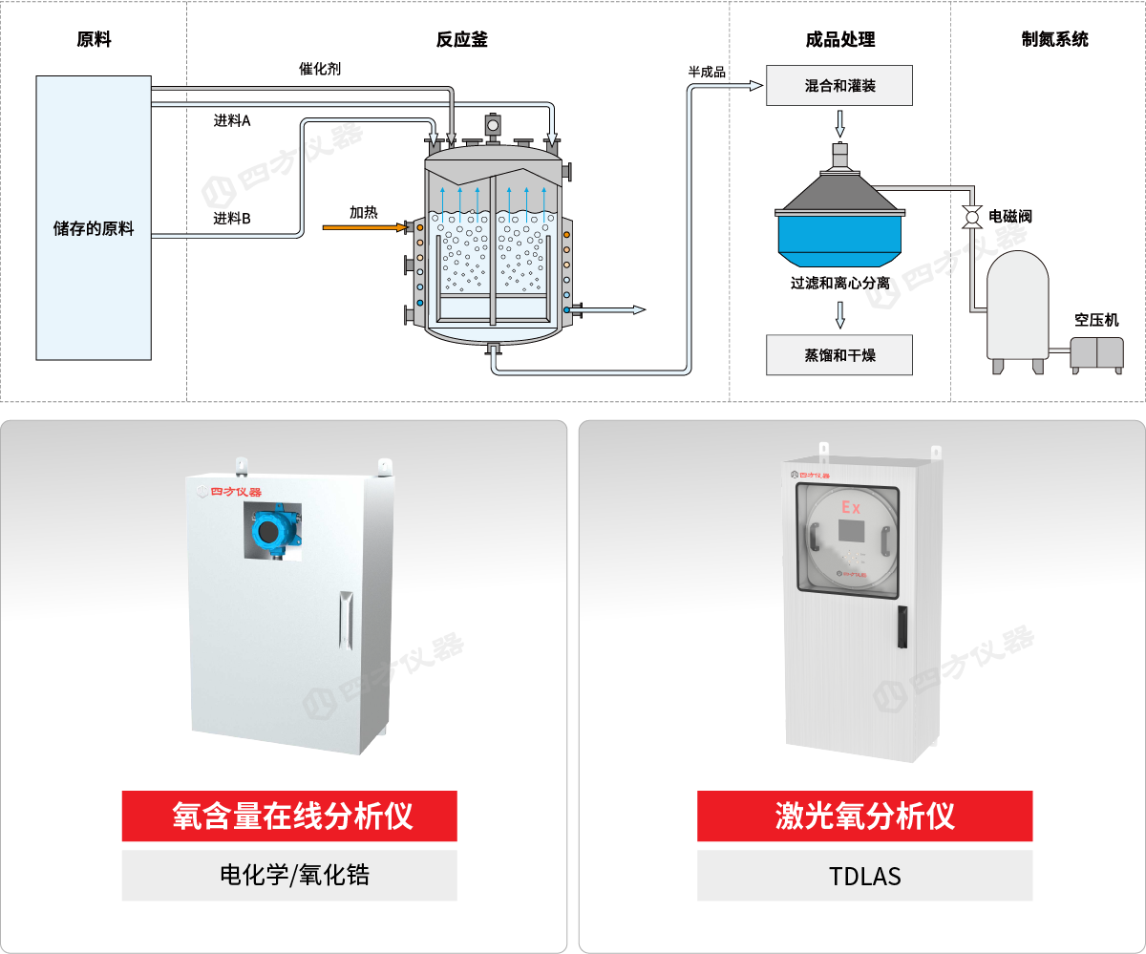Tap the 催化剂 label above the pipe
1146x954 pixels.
click(x=320, y=69)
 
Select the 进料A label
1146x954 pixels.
click(x=232, y=121)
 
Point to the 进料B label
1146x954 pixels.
click(x=232, y=219)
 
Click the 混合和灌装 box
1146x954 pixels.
click(x=839, y=86)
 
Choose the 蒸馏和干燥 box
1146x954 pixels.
click(x=839, y=355)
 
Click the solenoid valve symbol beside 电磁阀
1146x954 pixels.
click(x=972, y=217)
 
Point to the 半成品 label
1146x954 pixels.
click(x=707, y=72)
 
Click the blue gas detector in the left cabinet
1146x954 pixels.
click(x=271, y=531)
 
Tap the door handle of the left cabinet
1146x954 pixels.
click(x=346, y=621)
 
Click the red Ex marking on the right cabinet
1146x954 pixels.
click(x=850, y=505)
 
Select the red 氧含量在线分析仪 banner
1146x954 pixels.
click(x=289, y=816)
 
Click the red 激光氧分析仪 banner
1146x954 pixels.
click(x=864, y=816)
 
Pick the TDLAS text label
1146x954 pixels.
click(x=864, y=876)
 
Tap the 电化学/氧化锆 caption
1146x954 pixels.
click(x=289, y=876)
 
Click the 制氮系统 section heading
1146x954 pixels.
click(x=1054, y=39)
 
